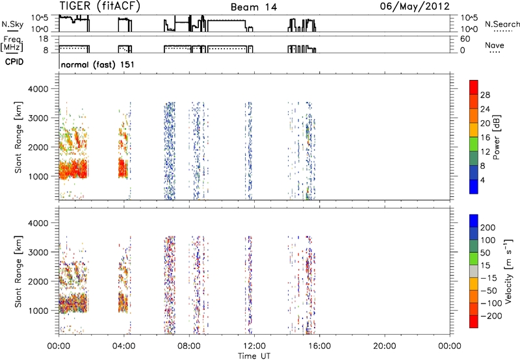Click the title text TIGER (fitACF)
100,6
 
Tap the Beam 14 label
253,7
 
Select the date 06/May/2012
415,6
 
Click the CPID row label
14,62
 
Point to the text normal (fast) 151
98,64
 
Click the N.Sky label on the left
12,24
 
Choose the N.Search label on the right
502,24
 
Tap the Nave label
495,45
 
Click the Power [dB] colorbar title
496,137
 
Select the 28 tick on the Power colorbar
485,95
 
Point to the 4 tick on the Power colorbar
482,180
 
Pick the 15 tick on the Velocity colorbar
485,266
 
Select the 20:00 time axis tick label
384,346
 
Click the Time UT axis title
254,356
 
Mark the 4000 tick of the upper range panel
38,89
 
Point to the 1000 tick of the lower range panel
38,311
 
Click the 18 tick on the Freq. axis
44,39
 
